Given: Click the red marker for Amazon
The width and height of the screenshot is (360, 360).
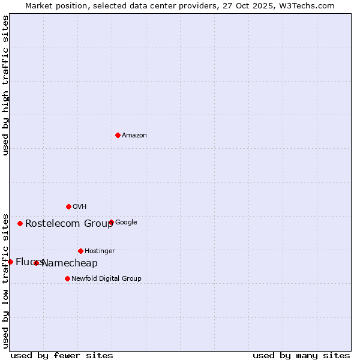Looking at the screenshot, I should (118, 135).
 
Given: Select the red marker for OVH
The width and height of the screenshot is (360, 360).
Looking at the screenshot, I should (68, 206).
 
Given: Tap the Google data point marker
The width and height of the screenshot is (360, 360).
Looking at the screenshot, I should (111, 222).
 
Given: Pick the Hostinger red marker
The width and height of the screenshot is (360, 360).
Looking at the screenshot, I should (80, 251).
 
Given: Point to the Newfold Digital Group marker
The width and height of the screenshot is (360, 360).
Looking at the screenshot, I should (67, 278).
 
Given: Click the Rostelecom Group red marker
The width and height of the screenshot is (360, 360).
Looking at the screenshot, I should (20, 223).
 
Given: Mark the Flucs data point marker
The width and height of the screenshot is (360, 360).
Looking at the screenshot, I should (10, 262).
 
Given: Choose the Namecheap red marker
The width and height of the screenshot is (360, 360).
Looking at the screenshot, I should (36, 263).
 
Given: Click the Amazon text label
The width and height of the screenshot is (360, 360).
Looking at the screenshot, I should (134, 136).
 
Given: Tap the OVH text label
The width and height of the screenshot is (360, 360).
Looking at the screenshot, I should (80, 207).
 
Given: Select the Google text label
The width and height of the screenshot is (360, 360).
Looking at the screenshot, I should (126, 223).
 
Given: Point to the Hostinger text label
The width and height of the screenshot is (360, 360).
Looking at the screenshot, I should (100, 251).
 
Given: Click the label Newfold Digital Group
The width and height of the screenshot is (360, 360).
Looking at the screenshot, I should (106, 279).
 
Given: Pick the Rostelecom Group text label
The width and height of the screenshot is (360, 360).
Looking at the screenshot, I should (69, 224).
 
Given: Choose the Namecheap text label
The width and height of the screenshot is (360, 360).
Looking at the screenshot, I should (70, 263).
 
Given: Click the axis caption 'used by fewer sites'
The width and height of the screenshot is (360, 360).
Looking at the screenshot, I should (62, 355).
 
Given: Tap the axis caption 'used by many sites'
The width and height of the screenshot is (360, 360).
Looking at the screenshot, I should (301, 355).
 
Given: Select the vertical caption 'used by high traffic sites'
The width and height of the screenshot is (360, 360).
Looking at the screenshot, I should (6, 85).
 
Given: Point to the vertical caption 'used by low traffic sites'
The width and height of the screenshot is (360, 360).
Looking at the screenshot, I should (6, 280).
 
